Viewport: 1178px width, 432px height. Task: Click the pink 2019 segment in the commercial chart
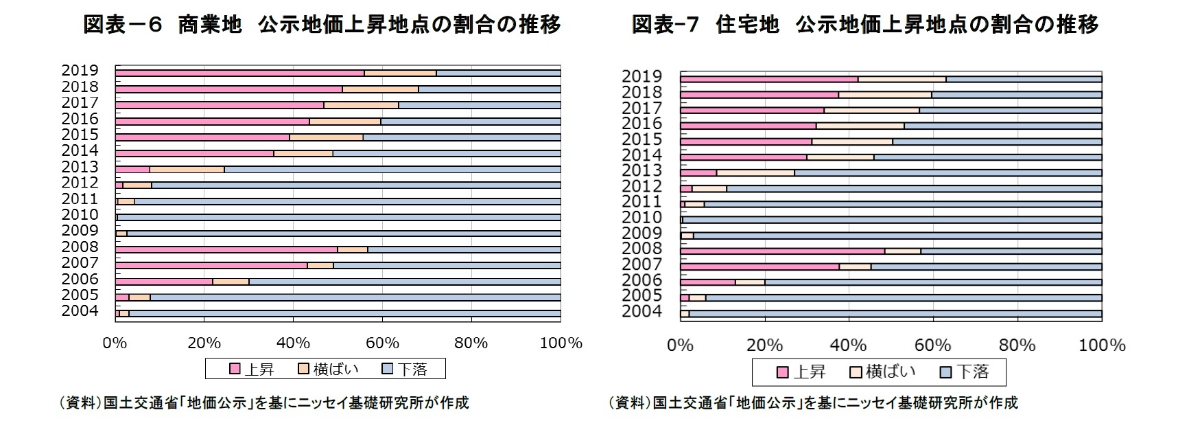[x=239, y=73]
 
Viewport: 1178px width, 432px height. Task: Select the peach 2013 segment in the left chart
[x=187, y=169]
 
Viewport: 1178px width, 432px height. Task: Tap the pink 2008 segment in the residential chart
[x=782, y=251]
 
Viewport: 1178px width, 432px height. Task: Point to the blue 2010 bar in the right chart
[x=892, y=220]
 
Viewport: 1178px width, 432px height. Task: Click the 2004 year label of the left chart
[x=80, y=311]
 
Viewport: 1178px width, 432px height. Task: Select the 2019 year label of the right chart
[x=641, y=76]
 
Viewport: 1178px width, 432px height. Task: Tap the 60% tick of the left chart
[x=382, y=343]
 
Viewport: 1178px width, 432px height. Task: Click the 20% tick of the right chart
[x=764, y=345]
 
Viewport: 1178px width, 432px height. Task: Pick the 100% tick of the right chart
[x=1101, y=345]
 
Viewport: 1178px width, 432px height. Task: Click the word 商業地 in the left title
[x=209, y=25]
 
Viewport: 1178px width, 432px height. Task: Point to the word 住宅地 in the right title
[x=747, y=25]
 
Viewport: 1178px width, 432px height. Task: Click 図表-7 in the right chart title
[x=664, y=25]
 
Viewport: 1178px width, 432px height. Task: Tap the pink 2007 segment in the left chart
[x=211, y=265]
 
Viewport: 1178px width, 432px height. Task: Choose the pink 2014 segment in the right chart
[x=743, y=157]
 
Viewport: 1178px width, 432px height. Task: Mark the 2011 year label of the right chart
[x=641, y=201]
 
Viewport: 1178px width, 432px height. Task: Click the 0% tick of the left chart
[x=115, y=343]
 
